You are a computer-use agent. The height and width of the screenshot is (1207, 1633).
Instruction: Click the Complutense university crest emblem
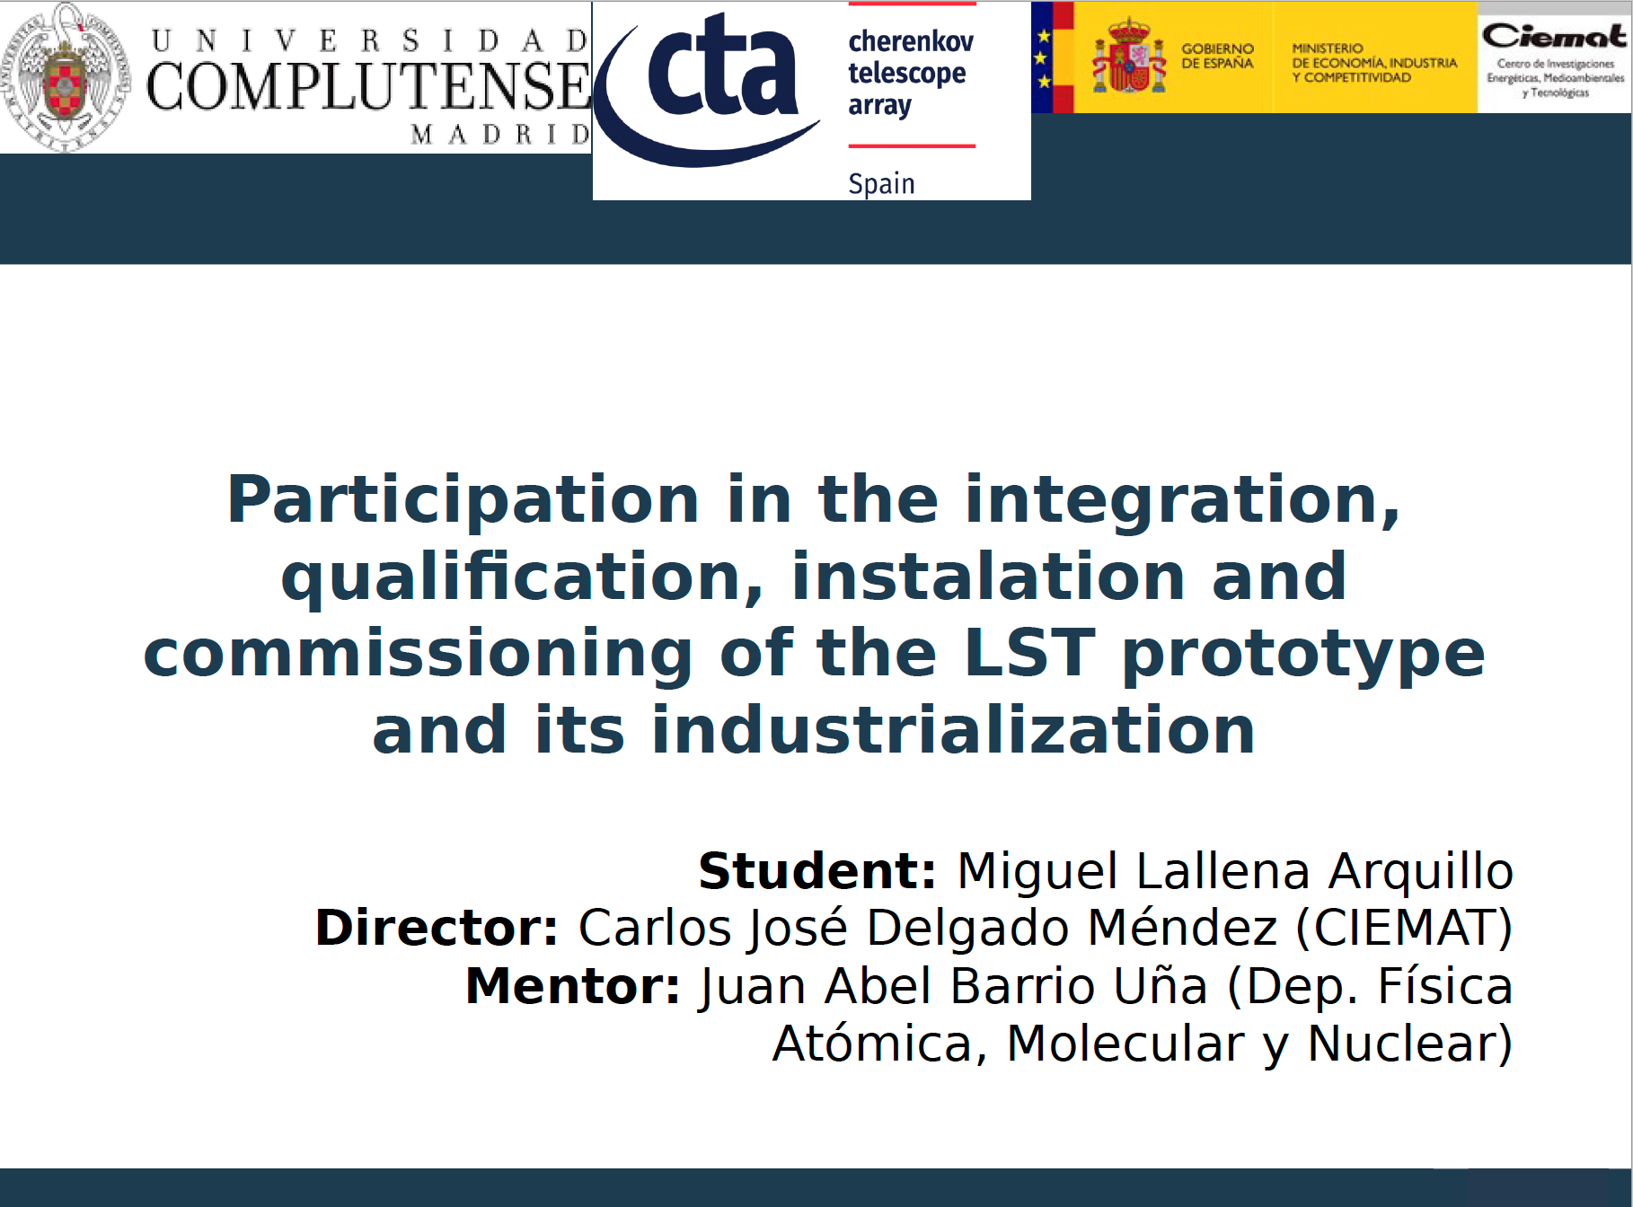[x=66, y=78]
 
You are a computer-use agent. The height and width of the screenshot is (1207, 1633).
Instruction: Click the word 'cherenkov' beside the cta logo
[x=911, y=41]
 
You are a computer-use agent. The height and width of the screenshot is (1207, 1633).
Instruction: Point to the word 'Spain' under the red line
[x=881, y=183]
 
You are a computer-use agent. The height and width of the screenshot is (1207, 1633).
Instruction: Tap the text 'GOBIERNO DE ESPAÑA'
[x=1217, y=56]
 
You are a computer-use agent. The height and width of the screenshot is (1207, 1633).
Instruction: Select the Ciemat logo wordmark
[x=1554, y=37]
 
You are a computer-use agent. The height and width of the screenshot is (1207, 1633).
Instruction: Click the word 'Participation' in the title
[x=463, y=500]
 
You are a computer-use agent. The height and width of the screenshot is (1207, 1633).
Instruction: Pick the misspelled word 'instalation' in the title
[x=988, y=577]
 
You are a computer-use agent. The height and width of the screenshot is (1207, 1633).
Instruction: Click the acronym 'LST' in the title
[x=1029, y=653]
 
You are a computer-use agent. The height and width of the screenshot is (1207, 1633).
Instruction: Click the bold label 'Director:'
[x=437, y=928]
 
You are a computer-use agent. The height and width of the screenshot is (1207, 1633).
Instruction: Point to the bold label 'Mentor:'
[x=572, y=986]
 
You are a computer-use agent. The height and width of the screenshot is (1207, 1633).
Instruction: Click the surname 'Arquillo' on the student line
[x=1421, y=872]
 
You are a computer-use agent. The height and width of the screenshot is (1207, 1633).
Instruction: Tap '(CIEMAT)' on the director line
[x=1404, y=929]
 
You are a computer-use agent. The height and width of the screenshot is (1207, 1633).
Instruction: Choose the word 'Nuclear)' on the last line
[x=1410, y=1044]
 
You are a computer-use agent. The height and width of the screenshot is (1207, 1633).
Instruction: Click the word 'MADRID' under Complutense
[x=500, y=135]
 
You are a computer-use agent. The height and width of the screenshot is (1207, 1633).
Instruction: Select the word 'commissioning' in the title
[x=419, y=655]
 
